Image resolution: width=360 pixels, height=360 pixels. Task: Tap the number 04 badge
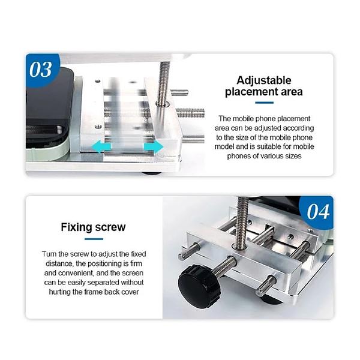click(317, 211)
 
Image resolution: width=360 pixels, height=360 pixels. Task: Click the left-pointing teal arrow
click(101, 147)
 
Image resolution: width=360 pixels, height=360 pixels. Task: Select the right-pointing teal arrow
click(154, 146)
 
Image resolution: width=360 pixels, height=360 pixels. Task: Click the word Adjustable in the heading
click(264, 80)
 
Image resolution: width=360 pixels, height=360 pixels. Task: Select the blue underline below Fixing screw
click(94, 239)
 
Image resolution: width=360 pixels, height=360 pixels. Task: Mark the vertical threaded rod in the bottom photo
click(241, 222)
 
